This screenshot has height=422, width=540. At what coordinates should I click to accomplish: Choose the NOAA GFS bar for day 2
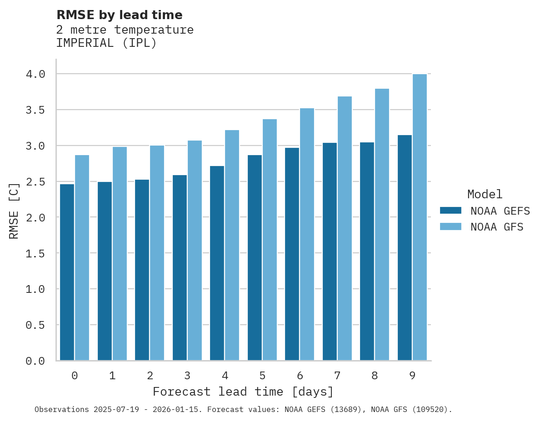(x=157, y=253)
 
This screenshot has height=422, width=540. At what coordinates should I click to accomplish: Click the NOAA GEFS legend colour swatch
(x=450, y=211)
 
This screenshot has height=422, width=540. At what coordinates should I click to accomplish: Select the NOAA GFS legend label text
(x=497, y=227)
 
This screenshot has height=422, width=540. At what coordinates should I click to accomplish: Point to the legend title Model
(x=485, y=194)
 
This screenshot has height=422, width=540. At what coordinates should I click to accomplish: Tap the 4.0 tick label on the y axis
(x=35, y=74)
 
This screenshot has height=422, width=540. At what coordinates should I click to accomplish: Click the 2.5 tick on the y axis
(x=35, y=181)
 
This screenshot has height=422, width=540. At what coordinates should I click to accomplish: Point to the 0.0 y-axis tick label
(x=35, y=361)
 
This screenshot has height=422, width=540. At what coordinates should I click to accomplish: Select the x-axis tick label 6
(x=300, y=376)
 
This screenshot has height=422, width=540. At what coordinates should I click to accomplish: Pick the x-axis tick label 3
(x=187, y=376)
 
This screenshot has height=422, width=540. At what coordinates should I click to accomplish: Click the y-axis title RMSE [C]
(x=14, y=211)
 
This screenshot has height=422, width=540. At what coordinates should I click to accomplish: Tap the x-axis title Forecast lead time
(x=243, y=392)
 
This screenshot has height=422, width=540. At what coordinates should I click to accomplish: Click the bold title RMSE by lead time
(x=119, y=15)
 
